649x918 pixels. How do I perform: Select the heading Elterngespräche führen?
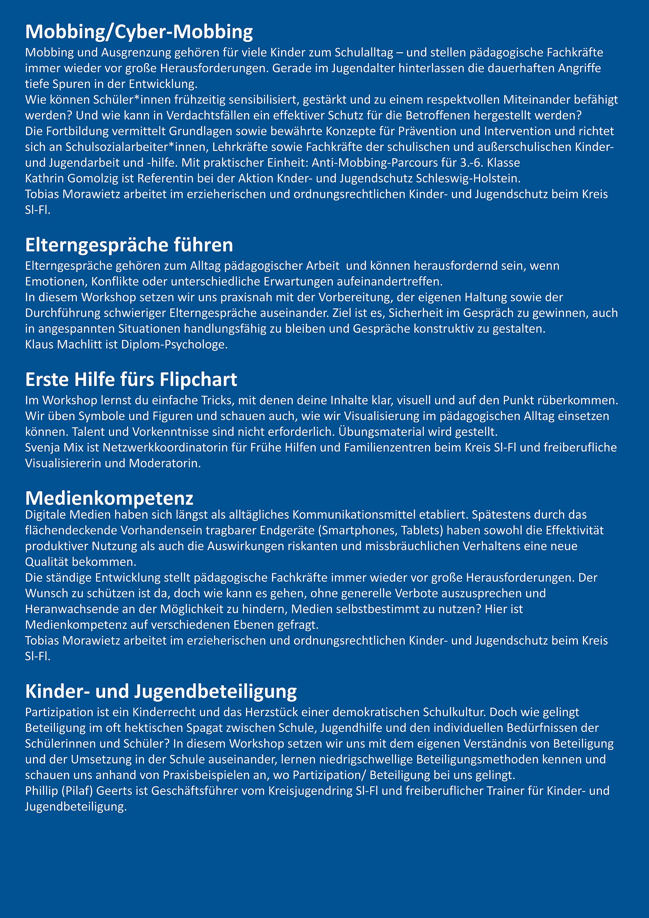tap(129, 245)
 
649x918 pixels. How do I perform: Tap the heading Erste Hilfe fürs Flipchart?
tap(131, 379)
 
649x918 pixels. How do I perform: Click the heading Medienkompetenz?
tap(109, 498)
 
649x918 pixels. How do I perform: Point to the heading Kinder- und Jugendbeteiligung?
tap(161, 691)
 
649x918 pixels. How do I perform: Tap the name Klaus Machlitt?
tap(64, 345)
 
